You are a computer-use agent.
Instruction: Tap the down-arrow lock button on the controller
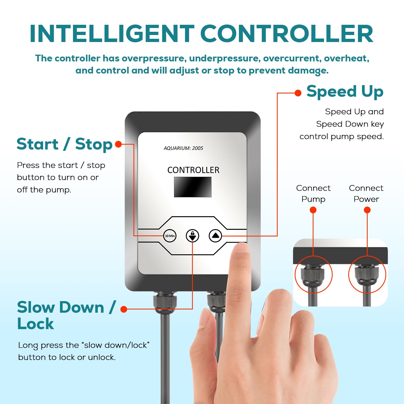(x=192, y=236)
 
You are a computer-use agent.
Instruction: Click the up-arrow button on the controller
(x=215, y=236)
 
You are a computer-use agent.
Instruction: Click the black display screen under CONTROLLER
(x=193, y=187)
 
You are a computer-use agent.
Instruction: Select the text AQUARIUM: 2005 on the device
(x=183, y=148)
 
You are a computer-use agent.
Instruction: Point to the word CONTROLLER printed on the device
(x=193, y=170)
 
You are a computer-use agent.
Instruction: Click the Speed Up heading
(x=345, y=92)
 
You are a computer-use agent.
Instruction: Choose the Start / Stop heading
(x=64, y=144)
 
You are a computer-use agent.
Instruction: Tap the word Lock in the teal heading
(x=36, y=323)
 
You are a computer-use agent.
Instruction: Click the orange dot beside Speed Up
(x=298, y=93)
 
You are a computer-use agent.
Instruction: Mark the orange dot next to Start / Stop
(x=119, y=144)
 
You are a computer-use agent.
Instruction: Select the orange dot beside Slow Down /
(x=124, y=309)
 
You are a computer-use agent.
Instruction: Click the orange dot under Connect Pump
(x=313, y=210)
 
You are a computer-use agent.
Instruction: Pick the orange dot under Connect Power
(x=367, y=210)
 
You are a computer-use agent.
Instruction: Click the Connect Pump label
(x=313, y=193)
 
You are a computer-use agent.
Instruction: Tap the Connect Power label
(x=366, y=193)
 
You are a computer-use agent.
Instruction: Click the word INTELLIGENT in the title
(x=112, y=34)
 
